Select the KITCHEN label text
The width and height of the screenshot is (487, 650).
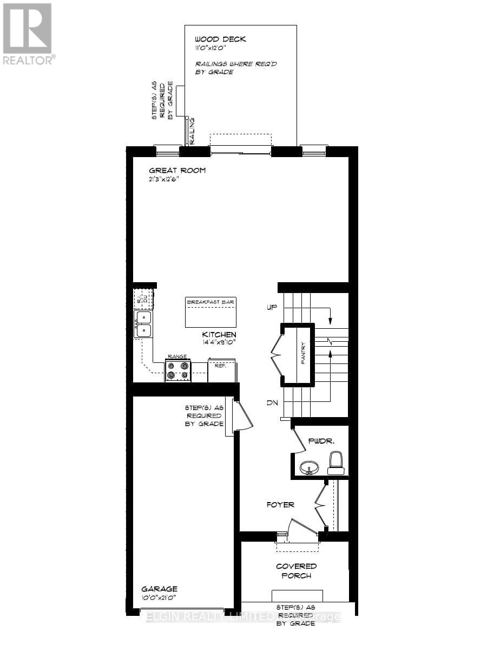(219, 334)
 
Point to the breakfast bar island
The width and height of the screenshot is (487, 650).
(210, 313)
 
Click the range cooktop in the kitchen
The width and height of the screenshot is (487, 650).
(178, 370)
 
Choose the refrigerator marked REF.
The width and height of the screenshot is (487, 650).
(221, 370)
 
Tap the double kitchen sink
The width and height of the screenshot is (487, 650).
(143, 324)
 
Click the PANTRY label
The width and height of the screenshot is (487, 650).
(303, 352)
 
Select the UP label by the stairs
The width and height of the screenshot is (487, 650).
(272, 307)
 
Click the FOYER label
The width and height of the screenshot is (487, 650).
(280, 504)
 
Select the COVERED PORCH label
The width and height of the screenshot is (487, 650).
(296, 571)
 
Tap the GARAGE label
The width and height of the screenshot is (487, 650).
(159, 589)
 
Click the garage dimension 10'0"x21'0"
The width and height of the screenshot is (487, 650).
(159, 597)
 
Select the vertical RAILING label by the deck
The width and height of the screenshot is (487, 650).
(192, 131)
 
